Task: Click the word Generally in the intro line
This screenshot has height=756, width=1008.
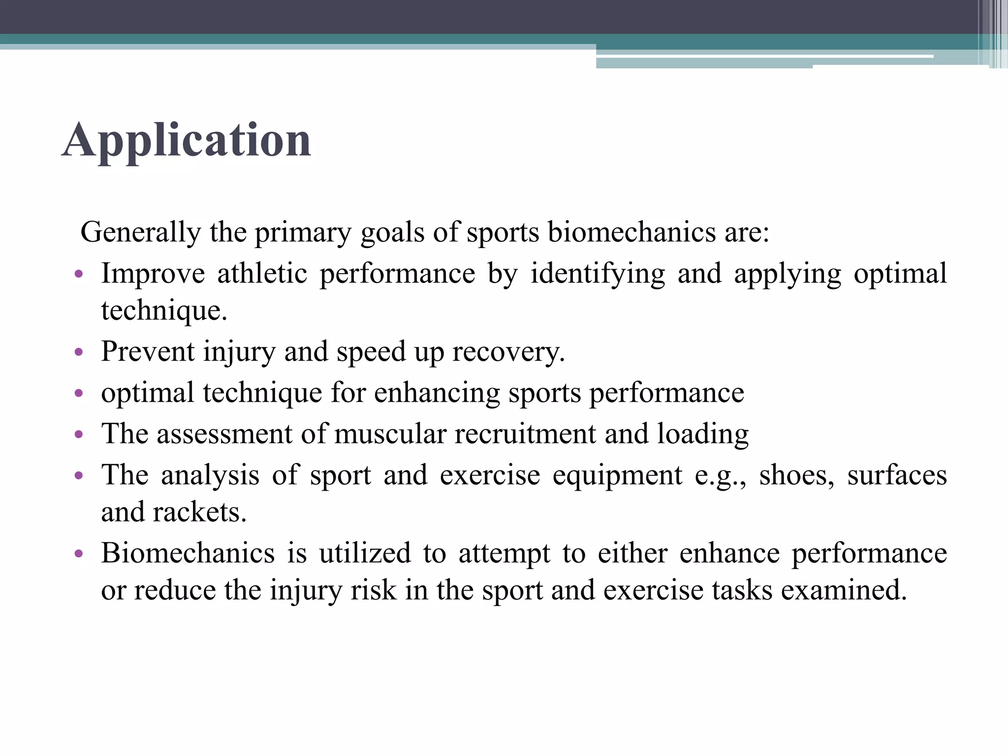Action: point(141,232)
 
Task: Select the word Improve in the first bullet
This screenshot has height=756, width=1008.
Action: point(153,274)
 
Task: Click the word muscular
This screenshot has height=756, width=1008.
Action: point(390,434)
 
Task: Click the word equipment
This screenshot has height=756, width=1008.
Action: point(617,476)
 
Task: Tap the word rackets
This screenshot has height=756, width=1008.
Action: point(199,512)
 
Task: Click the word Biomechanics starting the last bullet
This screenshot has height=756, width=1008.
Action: point(188,553)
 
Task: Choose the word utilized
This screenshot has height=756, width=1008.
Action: point(364,553)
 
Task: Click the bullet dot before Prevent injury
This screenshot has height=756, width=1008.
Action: point(78,352)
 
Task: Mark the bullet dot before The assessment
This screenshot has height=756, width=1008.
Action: point(78,435)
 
